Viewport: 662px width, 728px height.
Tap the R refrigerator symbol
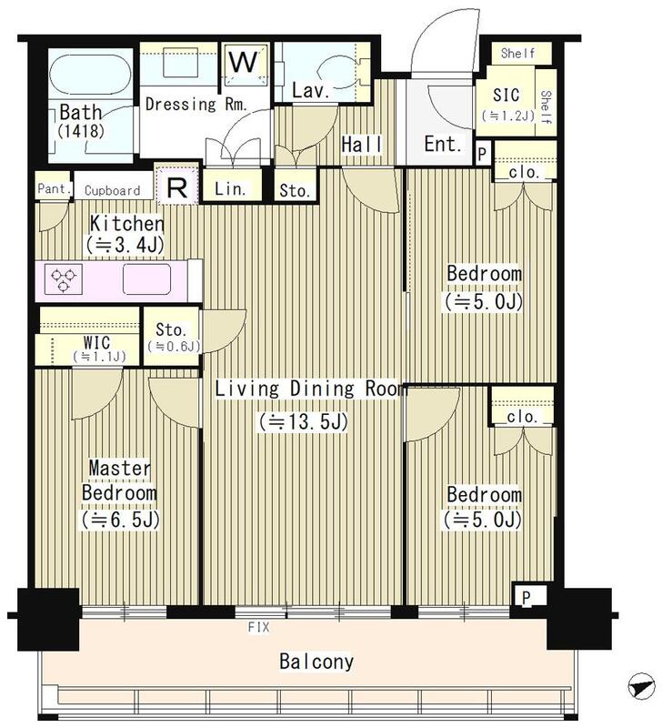coord(176,187)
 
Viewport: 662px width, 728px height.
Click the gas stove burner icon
coord(64,280)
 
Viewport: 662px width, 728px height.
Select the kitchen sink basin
coord(146,278)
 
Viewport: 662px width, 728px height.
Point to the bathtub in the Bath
coord(90,75)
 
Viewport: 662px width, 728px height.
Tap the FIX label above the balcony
coord(258,627)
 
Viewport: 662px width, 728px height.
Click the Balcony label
coord(316,662)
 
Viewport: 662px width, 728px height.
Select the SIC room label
coord(506,96)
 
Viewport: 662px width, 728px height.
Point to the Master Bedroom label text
coord(119,480)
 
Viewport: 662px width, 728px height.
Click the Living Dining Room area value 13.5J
coord(304,421)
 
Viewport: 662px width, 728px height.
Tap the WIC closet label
coord(97,343)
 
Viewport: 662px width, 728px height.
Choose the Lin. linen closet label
coord(230,189)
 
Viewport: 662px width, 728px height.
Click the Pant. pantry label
coord(55,188)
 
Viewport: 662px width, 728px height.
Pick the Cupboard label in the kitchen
coord(112,190)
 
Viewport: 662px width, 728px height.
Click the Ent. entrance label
coord(443,145)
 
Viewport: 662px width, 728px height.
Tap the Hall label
coord(362,145)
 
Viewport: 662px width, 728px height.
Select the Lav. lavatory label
coord(310,90)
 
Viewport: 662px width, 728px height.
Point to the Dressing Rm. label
coord(196,104)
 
